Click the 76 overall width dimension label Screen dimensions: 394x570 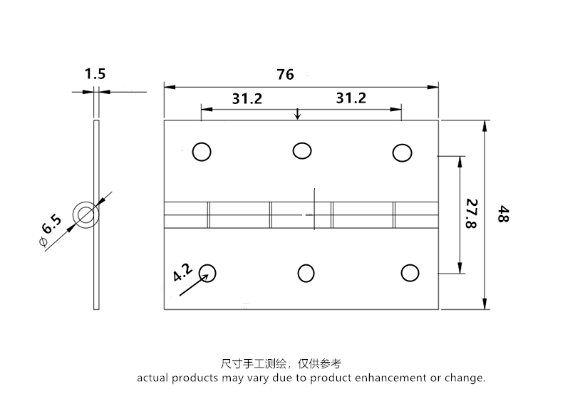coord(285,73)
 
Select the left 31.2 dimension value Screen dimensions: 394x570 coord(247,98)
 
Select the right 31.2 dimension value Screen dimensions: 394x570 coord(351,98)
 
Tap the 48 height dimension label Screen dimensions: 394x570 coord(503,215)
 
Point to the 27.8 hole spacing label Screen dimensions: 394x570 coord(471,214)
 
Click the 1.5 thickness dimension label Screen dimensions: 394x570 coord(95,73)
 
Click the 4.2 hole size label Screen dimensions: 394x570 coord(182,271)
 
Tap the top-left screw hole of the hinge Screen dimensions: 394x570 coord(202,152)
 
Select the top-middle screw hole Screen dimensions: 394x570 coord(301,150)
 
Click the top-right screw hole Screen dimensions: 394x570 coord(402,152)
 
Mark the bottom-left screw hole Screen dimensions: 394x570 coord(207,272)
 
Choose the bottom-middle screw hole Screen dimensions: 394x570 coord(306,273)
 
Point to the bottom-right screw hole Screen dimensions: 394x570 coord(409,273)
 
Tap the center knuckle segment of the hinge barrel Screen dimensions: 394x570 coord(301,215)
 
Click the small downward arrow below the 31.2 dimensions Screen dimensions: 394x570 coord(298,114)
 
